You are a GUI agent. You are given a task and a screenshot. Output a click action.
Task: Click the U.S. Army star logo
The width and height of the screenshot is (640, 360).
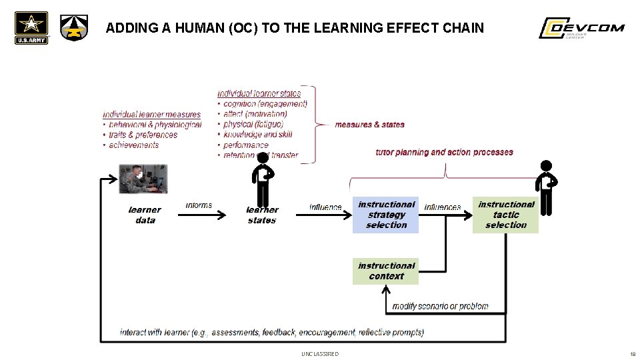[31, 28]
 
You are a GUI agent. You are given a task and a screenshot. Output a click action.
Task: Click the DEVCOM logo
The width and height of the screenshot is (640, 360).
[581, 29]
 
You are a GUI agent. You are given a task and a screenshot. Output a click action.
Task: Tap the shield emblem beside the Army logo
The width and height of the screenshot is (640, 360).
[73, 28]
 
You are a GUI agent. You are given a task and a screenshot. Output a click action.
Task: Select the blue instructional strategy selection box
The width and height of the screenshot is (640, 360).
[385, 215]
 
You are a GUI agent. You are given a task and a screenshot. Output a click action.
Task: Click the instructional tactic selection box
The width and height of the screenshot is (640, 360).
[505, 215]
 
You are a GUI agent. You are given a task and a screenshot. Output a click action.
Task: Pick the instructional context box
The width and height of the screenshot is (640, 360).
[385, 271]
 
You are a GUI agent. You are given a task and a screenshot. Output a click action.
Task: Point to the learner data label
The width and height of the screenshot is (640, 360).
[145, 215]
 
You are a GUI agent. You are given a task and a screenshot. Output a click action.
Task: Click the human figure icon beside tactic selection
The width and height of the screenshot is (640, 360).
[546, 187]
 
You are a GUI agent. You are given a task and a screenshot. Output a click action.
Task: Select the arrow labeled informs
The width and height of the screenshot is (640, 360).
[199, 215]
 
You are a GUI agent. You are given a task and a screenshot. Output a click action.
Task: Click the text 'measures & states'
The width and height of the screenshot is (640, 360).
[369, 125]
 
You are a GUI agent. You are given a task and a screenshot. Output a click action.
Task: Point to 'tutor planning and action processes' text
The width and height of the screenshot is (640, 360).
[444, 152]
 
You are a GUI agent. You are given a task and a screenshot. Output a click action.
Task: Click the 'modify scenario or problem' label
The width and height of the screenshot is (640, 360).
[440, 306]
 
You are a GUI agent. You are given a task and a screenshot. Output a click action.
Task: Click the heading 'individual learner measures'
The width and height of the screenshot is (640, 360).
[151, 115]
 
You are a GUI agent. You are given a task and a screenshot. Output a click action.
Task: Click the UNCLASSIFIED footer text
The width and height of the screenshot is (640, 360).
[319, 354]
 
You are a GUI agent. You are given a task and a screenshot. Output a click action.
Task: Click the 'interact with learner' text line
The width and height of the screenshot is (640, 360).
[271, 332]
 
